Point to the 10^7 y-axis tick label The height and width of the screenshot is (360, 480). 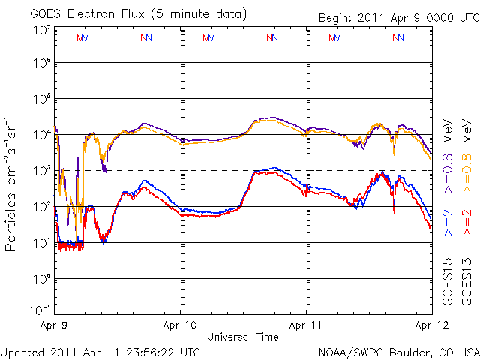[x=42, y=30]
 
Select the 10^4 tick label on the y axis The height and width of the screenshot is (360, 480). [x=42, y=135]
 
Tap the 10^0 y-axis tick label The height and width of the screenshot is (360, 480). [x=42, y=279]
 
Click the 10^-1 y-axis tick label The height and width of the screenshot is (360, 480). [x=40, y=309]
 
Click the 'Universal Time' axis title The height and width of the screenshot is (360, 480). [x=243, y=337]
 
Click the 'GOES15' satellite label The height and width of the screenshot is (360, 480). [x=447, y=277]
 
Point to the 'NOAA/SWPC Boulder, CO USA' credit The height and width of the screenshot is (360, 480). [x=398, y=351]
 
